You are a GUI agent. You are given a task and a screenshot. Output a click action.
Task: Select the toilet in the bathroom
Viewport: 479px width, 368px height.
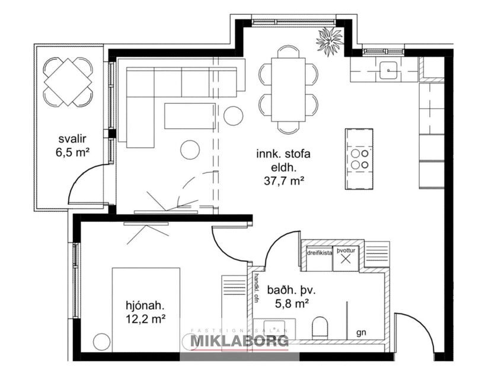[x=320, y=326]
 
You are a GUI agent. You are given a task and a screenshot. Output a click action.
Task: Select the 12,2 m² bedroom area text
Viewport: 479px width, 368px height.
[x=145, y=319]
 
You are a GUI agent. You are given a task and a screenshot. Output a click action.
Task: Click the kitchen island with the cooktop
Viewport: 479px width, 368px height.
[x=360, y=158]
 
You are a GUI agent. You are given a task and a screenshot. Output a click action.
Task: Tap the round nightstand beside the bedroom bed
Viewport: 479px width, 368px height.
[x=102, y=342]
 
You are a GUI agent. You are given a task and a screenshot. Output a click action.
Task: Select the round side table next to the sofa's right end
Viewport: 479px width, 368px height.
[x=233, y=115]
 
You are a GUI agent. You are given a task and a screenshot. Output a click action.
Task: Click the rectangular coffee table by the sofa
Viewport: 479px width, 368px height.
[x=189, y=116]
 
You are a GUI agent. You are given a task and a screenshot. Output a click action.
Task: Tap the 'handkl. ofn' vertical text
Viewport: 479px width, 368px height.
[x=257, y=287]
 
